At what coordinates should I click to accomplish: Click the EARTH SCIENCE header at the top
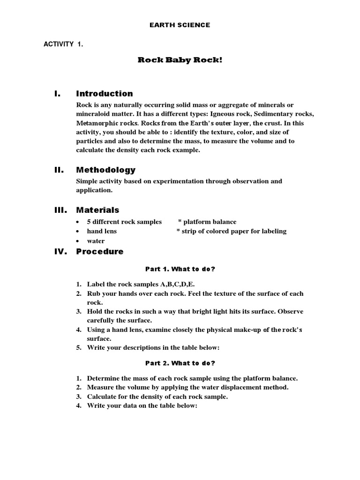[180, 25]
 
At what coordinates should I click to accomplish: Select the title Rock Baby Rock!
[180, 60]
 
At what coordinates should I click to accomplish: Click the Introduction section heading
[105, 93]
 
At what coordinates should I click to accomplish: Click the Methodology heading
[106, 170]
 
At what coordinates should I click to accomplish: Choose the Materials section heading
[97, 210]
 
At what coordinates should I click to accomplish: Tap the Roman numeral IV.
[61, 251]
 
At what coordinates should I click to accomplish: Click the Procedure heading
[100, 251]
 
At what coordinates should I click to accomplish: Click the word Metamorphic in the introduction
[96, 123]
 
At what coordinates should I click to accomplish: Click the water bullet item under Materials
[96, 241]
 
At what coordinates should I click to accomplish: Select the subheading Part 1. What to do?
[180, 269]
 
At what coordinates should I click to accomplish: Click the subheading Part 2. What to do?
[180, 363]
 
